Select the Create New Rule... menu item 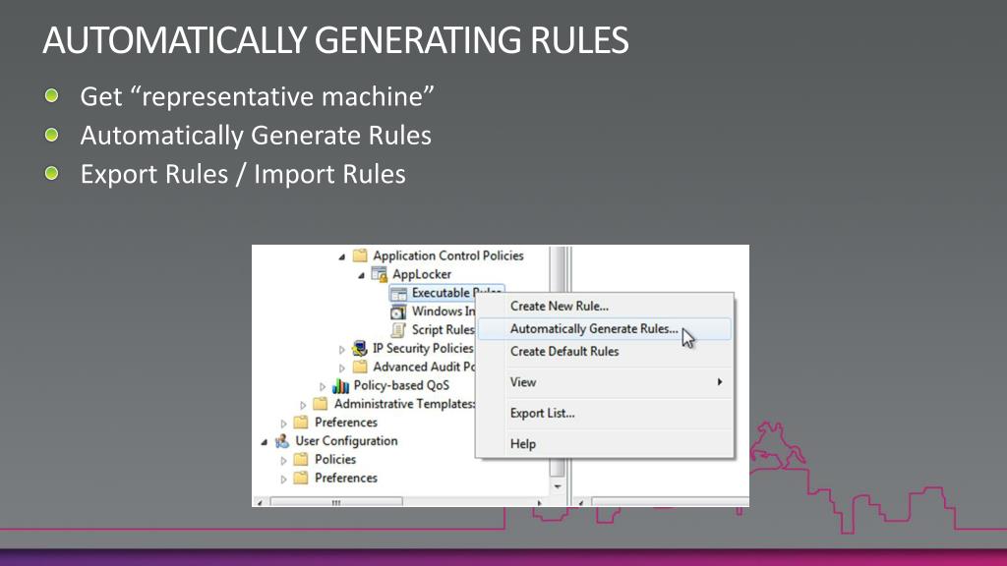click(x=560, y=307)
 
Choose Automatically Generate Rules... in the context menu click(x=594, y=329)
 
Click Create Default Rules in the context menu click(x=564, y=352)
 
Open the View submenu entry click(x=523, y=382)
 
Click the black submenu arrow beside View click(x=720, y=382)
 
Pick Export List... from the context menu click(x=543, y=414)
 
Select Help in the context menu click(x=523, y=444)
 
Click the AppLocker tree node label click(x=422, y=274)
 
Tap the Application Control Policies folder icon click(x=360, y=255)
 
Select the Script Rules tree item click(x=443, y=330)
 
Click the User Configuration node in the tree click(x=346, y=441)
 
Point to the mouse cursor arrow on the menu click(x=688, y=338)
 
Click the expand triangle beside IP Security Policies click(x=342, y=349)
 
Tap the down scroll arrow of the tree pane click(x=558, y=486)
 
